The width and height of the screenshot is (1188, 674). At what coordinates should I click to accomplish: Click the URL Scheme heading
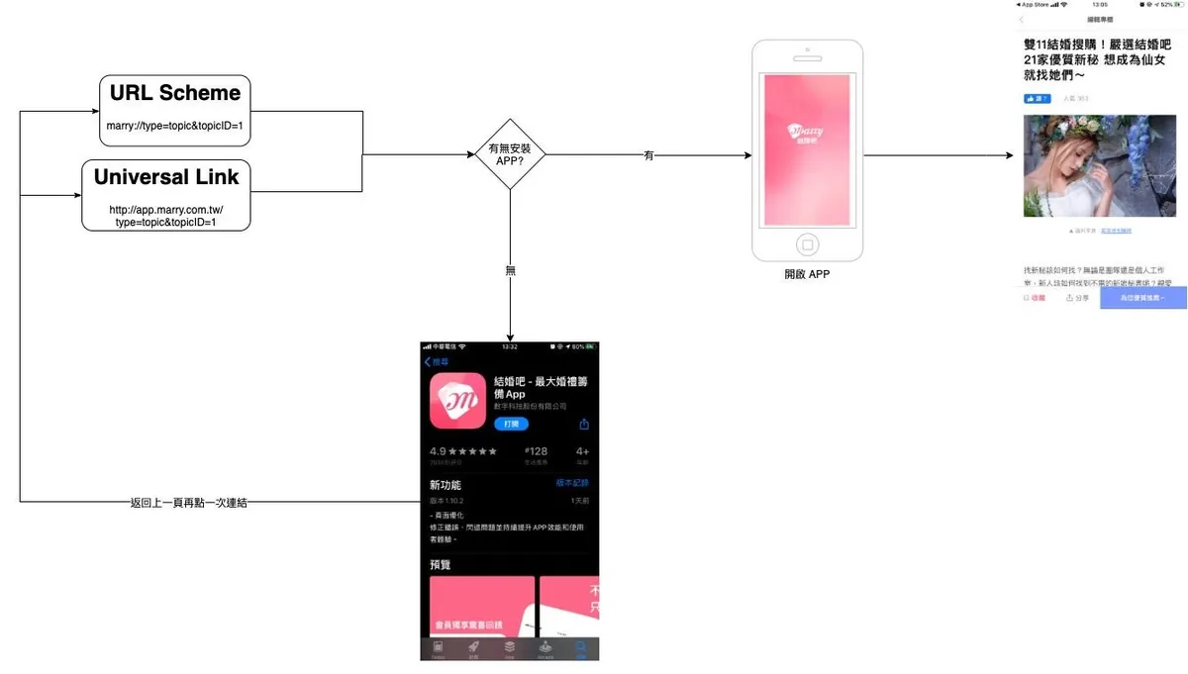click(174, 93)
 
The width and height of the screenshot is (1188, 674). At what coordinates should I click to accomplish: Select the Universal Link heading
click(166, 177)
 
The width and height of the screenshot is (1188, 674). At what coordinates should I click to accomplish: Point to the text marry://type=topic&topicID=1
click(174, 126)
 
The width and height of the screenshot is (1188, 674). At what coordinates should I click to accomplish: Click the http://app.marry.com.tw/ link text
click(166, 210)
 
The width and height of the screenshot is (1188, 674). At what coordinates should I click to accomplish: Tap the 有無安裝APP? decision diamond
click(510, 154)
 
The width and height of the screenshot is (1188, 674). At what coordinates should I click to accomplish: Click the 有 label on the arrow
click(648, 155)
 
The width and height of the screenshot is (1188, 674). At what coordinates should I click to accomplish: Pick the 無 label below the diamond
click(511, 270)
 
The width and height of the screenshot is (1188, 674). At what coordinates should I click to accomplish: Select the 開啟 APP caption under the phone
click(807, 274)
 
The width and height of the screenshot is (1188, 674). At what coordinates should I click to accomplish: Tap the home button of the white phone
click(807, 244)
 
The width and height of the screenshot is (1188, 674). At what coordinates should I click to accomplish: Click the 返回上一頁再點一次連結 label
click(189, 503)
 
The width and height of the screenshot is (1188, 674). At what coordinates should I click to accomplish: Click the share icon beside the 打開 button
click(584, 424)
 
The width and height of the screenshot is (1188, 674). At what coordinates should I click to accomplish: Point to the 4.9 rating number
click(439, 451)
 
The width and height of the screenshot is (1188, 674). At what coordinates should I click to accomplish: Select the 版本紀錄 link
click(571, 483)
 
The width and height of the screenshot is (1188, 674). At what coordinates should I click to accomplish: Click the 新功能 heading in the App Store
click(445, 485)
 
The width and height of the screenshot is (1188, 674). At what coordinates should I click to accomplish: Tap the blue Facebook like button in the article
click(1037, 98)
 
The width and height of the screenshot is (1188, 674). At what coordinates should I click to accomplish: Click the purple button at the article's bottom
click(1142, 297)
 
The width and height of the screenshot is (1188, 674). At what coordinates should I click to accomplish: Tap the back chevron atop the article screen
click(1021, 19)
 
